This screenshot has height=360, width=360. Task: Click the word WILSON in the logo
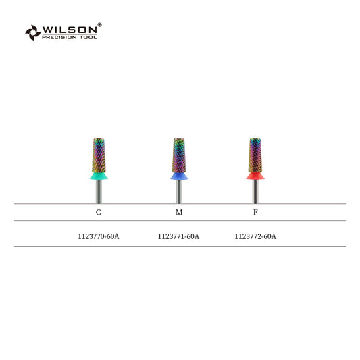[x=70, y=30]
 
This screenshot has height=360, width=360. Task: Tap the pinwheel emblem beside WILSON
[x=33, y=32]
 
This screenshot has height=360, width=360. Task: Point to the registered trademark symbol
[x=99, y=24]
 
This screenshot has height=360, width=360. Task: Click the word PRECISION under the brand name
[x=59, y=37]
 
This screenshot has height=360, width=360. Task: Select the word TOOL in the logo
[x=88, y=37]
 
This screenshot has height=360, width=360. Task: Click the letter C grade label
[x=98, y=212]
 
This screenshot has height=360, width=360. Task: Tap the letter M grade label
[x=179, y=212]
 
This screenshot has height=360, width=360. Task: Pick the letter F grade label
[x=255, y=212]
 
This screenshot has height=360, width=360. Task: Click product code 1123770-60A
[x=99, y=236]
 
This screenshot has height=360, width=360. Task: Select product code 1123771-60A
[x=178, y=236]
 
